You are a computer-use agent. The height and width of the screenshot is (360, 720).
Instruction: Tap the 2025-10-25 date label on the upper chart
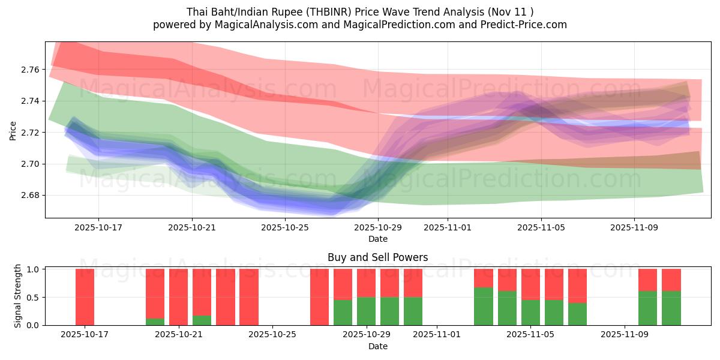pos(285,228)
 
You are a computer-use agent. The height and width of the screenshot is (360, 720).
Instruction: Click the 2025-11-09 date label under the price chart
pos(634,228)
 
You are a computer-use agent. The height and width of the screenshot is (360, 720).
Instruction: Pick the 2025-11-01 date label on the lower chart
pos(436,334)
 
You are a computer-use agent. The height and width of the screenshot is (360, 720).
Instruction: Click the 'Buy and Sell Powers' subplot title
pos(377,257)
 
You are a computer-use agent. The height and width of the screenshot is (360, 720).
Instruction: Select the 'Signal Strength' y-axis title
pos(18,296)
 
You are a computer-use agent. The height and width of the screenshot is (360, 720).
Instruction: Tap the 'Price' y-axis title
pos(13,130)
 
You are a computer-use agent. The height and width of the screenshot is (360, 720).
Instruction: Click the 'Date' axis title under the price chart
pos(377,239)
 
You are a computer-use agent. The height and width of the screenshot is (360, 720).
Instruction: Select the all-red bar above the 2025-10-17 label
pos(85,297)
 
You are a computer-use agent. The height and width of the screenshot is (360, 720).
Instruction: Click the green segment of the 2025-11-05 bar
pos(530,313)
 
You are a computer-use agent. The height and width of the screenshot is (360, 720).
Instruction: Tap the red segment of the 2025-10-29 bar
pos(366,283)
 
